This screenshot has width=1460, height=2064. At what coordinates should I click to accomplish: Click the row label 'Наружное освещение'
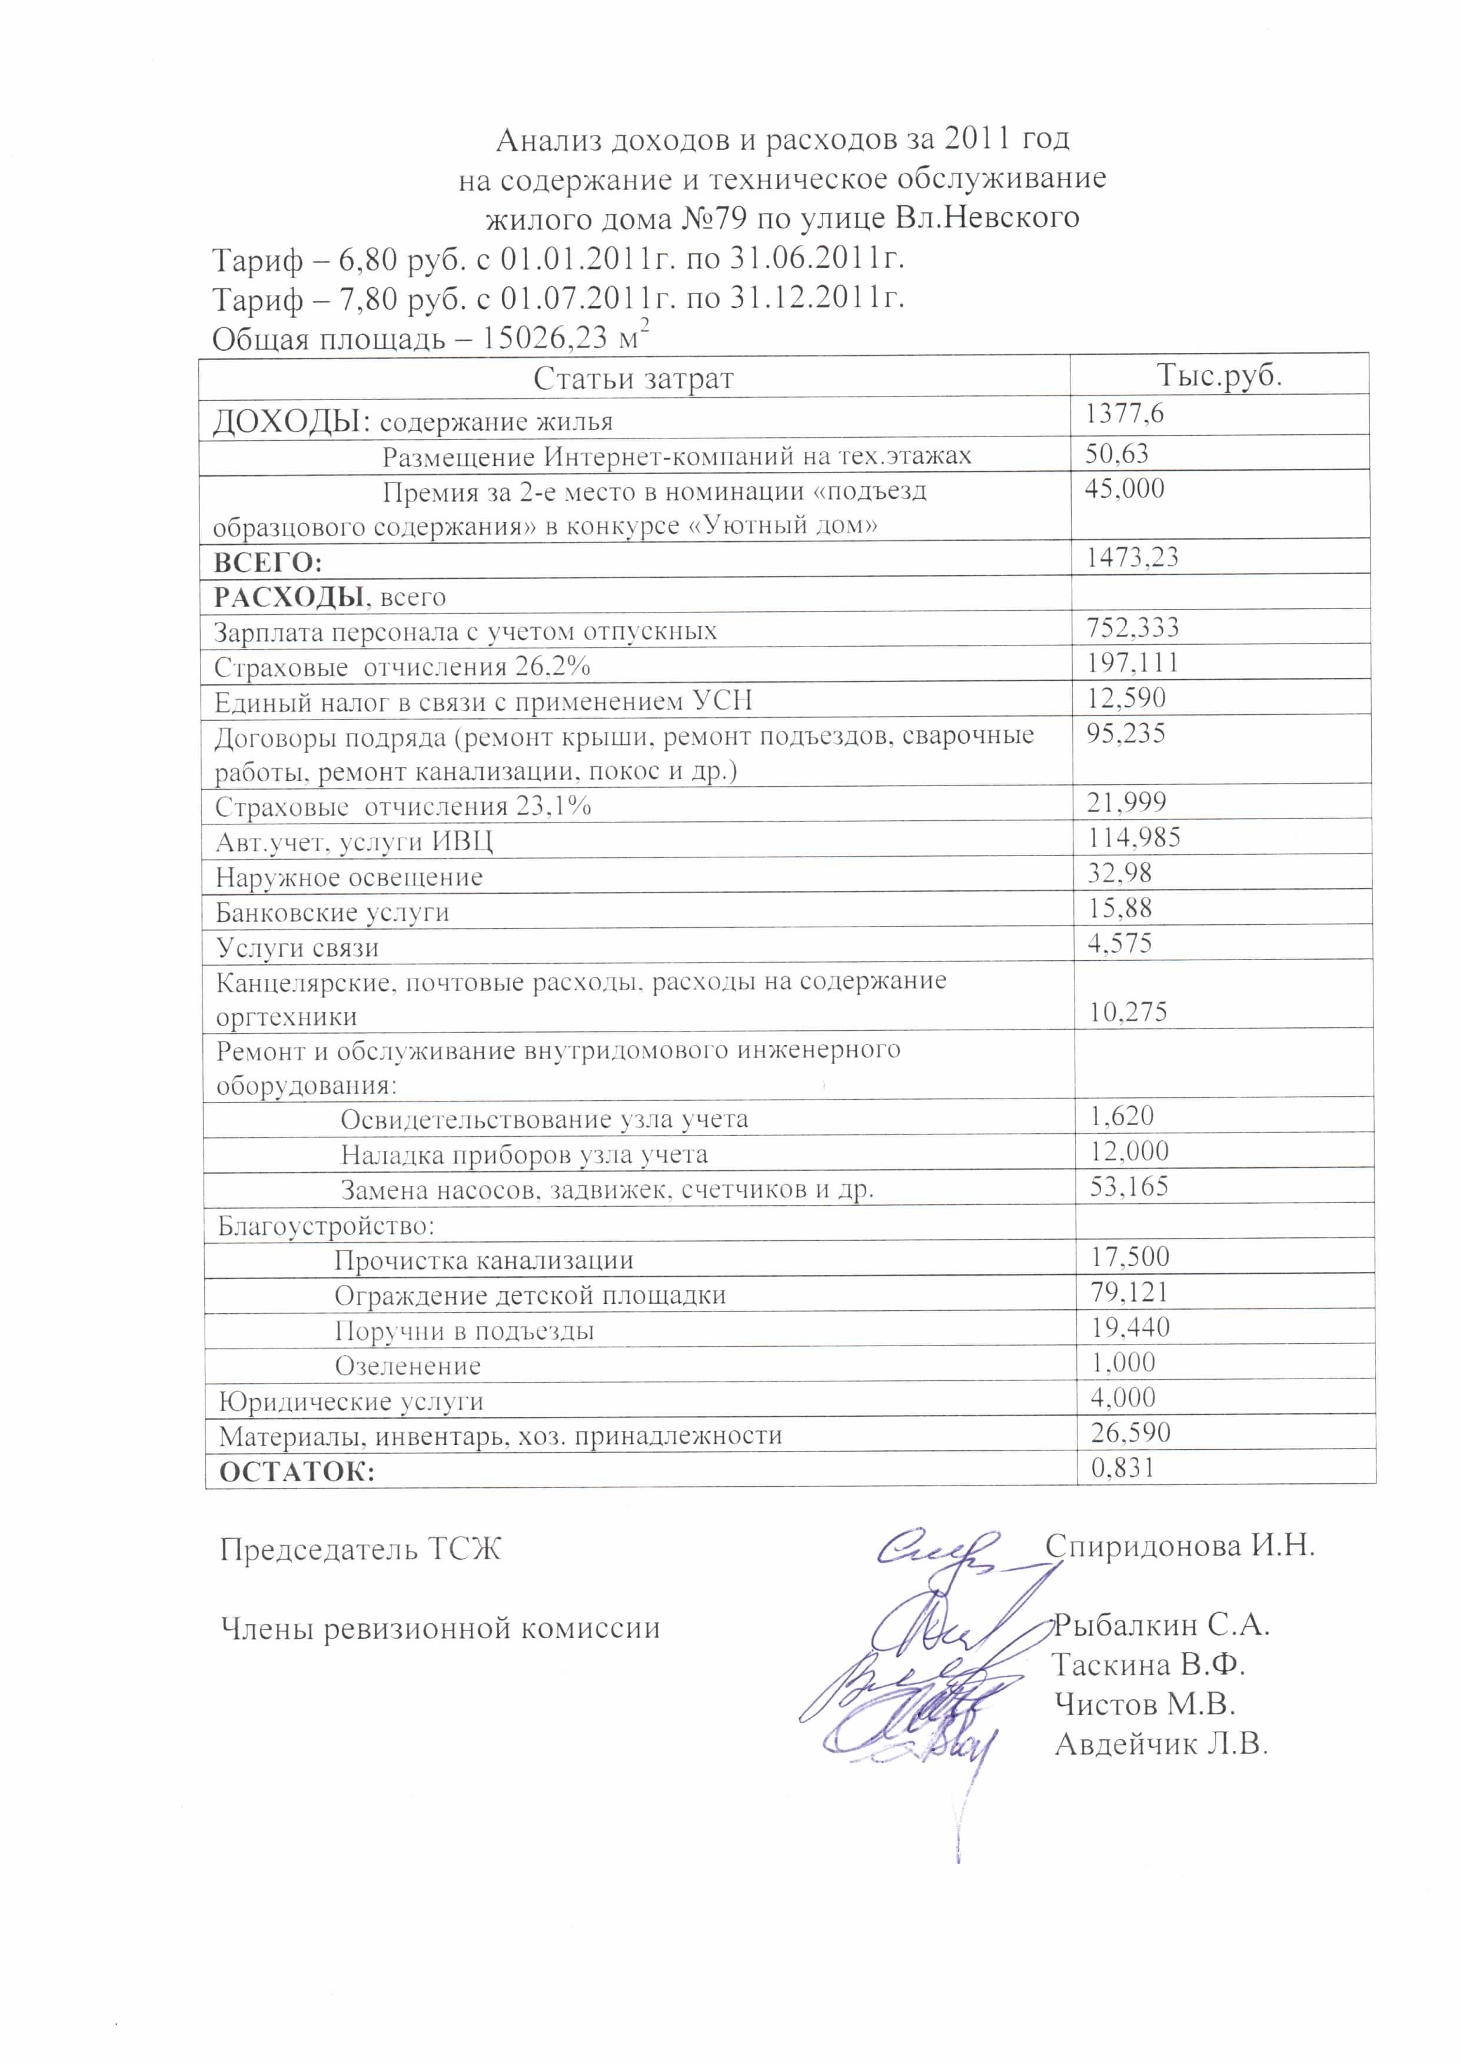point(349,877)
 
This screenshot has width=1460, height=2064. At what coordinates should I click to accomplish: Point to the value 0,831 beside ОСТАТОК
point(1122,1468)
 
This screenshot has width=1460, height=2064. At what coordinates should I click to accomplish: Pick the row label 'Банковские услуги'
point(332,913)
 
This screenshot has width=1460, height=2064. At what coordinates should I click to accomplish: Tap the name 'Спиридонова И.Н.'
point(1179,1545)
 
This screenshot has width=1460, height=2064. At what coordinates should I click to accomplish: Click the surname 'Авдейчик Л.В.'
point(1160,1745)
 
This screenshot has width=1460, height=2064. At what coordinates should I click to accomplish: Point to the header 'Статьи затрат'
point(633,378)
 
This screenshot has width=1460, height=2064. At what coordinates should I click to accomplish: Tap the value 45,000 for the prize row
point(1124,489)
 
